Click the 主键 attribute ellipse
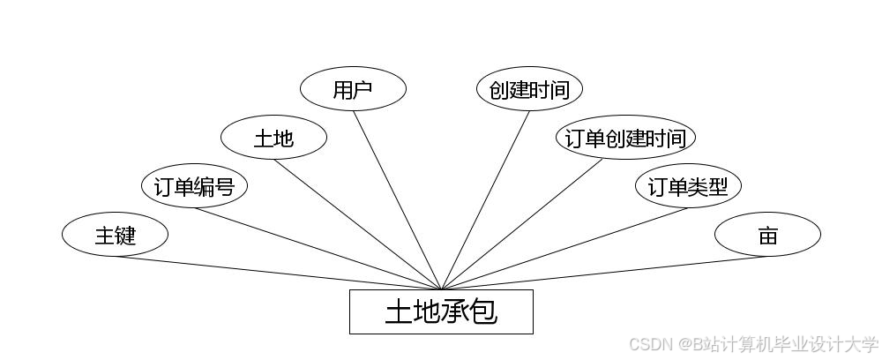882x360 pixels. [x=115, y=235]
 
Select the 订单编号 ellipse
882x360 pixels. [x=194, y=186]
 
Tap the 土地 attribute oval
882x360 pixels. [x=273, y=138]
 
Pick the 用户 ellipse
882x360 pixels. [x=353, y=89]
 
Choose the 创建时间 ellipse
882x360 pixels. [x=529, y=89]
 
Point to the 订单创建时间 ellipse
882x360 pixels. [x=625, y=138]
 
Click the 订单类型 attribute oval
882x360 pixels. [x=688, y=186]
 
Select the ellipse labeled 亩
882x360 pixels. [x=767, y=235]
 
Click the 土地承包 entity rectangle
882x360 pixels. [x=441, y=311]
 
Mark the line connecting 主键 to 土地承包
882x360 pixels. [x=278, y=273]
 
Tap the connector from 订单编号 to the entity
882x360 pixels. [x=318, y=248]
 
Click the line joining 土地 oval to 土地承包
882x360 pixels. [x=357, y=223]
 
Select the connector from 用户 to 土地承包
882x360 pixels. [x=397, y=199]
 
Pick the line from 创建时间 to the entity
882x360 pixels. [x=485, y=199]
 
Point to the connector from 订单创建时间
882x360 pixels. [x=522, y=224]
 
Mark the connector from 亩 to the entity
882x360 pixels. [x=604, y=273]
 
